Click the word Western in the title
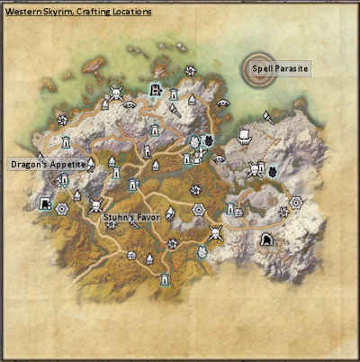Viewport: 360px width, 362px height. coord(21,12)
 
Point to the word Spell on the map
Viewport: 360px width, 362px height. coord(264,68)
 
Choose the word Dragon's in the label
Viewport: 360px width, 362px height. coord(30,165)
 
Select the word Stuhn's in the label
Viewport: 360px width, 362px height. coord(118,217)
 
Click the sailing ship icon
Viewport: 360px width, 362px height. coord(242,136)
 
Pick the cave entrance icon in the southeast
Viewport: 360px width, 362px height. coord(266,240)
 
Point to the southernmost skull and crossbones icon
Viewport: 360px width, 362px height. coord(215,234)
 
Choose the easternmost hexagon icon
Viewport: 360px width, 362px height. coord(296,201)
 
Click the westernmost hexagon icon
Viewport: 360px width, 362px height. coord(61,209)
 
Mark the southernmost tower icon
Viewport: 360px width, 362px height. coord(164,280)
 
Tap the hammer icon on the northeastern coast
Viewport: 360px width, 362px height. coord(268,115)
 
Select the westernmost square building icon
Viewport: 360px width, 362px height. coord(44,204)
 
